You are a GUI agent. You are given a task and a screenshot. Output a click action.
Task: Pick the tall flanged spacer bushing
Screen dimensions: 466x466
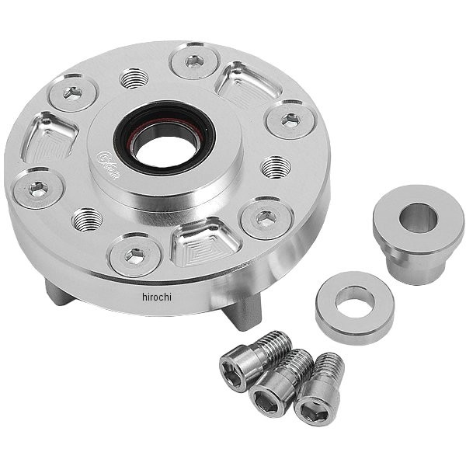click(x=418, y=232)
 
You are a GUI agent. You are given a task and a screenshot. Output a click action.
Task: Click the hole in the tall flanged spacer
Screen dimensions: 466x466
click(x=419, y=217)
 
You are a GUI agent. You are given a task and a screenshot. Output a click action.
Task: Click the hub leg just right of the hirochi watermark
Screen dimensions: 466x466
click(x=243, y=309)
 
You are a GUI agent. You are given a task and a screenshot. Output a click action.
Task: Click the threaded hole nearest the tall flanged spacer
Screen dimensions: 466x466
click(x=276, y=166)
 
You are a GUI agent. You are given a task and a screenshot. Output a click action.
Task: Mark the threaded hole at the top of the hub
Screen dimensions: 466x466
click(x=134, y=78)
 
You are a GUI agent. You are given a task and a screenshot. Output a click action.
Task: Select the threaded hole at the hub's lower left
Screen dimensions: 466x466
click(x=86, y=219)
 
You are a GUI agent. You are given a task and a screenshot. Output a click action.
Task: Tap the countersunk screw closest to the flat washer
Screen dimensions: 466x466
click(x=266, y=219)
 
